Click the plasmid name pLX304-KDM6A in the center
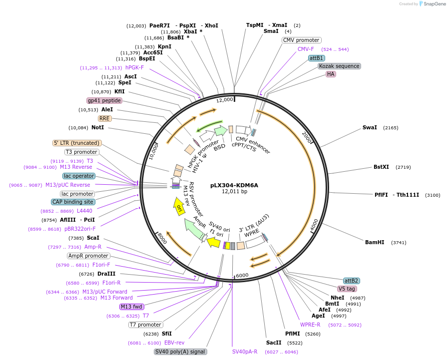234,185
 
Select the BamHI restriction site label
375,243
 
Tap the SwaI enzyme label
370,128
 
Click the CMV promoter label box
301,40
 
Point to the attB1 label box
316,58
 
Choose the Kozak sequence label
339,66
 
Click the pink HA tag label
330,74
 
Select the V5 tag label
347,289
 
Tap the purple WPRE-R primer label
310,325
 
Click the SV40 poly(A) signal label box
180,352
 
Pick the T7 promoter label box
145,325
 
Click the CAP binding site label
72,202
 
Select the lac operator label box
79,176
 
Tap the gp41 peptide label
104,100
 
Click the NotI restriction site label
98,127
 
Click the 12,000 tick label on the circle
224,100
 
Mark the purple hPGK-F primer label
134,68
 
